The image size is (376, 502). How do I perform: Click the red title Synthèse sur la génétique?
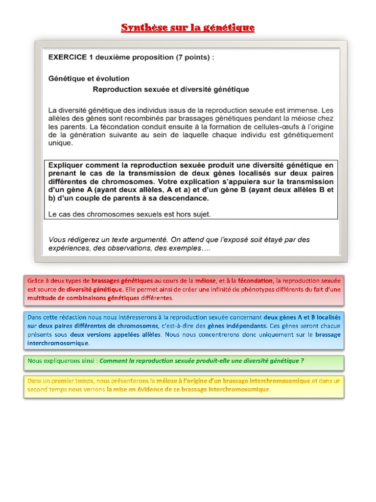[x=188, y=27]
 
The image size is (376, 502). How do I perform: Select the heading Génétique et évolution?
[x=89, y=78]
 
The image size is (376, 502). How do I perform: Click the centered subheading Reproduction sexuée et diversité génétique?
[x=171, y=89]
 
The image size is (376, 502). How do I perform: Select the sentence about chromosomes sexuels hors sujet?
[x=129, y=214]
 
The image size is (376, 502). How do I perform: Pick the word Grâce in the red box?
[x=36, y=281]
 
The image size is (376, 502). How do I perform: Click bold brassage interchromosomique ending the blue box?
[x=328, y=334]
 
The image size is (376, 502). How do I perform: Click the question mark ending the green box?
[x=303, y=361]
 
